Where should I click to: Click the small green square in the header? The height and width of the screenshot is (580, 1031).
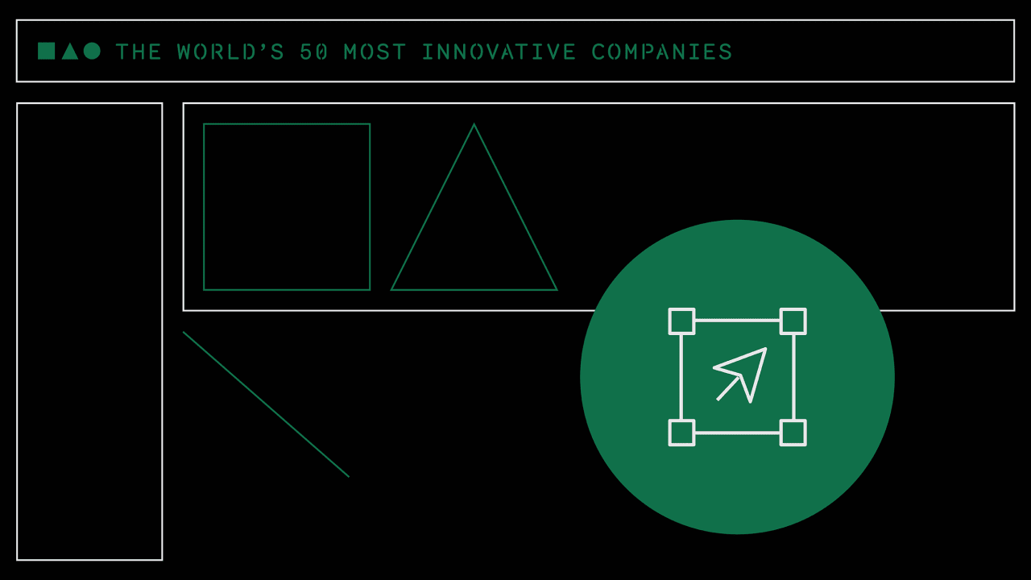coord(46,51)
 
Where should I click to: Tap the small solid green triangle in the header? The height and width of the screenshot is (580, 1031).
coord(70,52)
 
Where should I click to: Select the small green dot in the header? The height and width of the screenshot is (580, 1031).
coord(92,51)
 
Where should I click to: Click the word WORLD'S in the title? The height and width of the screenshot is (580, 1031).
coord(230,52)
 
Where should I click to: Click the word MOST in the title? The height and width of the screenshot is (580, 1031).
coord(375,52)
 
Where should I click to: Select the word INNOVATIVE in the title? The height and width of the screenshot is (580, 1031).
coord(499,52)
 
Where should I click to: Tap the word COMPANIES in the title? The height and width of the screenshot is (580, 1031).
coord(661,52)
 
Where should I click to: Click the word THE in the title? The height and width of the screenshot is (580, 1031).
coord(139,52)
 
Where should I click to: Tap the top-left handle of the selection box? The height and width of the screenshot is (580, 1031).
coord(681,321)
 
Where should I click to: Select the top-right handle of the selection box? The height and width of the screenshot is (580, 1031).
coord(793,321)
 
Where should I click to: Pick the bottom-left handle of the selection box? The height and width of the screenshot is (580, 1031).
coord(681,433)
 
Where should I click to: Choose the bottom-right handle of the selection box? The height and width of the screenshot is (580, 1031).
coord(793,433)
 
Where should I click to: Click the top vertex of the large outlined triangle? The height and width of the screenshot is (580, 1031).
coord(474,125)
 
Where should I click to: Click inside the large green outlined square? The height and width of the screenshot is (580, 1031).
coord(287,207)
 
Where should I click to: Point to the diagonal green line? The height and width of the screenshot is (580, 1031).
coord(266,404)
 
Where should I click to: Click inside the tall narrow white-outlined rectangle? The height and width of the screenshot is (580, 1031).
coord(89,331)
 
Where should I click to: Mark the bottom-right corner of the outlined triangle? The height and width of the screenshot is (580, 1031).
coord(556,289)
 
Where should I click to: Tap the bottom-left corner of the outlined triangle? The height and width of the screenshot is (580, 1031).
coord(392,289)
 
